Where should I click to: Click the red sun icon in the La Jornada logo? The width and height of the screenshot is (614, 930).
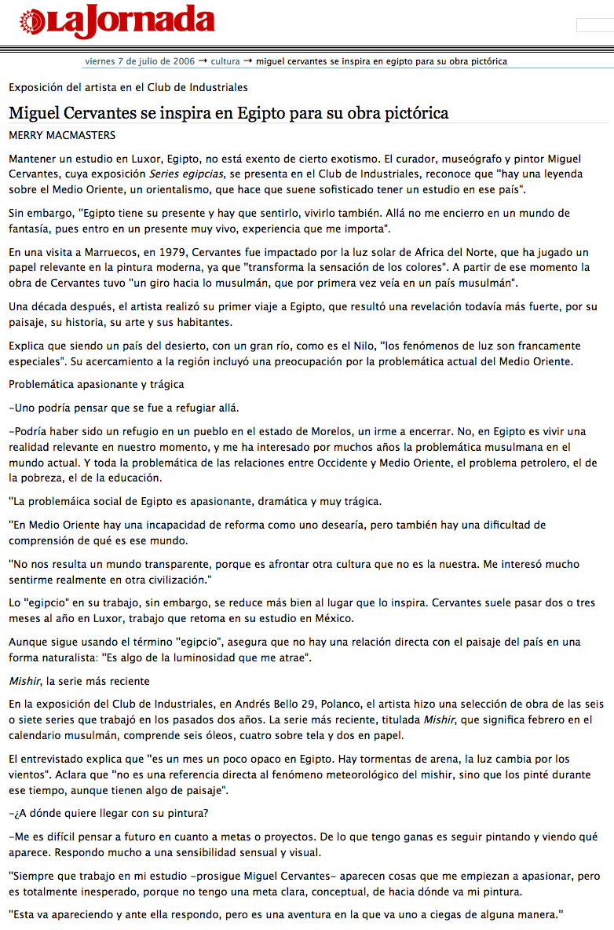32,22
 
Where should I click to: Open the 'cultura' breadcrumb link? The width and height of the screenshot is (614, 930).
225,60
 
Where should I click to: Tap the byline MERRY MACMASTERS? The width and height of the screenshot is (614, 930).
62,135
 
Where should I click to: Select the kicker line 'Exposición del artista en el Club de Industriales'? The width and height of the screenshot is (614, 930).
128,87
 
